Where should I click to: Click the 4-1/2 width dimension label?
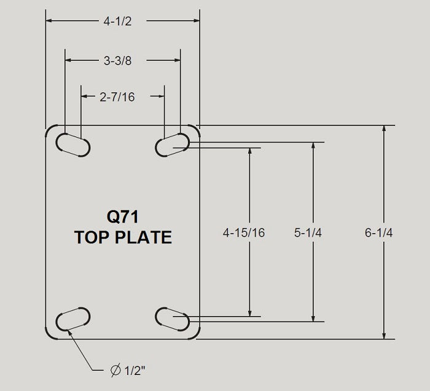point(118,21)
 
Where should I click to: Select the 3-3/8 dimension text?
point(118,61)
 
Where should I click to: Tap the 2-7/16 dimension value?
point(117,97)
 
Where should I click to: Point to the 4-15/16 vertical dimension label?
point(244,232)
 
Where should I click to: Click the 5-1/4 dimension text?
point(308,232)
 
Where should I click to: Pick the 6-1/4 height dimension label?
point(378,232)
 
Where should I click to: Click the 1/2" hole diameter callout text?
point(135,371)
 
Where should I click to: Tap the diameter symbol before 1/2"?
point(115,371)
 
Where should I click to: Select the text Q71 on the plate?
point(123,216)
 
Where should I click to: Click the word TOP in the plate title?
point(92,237)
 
